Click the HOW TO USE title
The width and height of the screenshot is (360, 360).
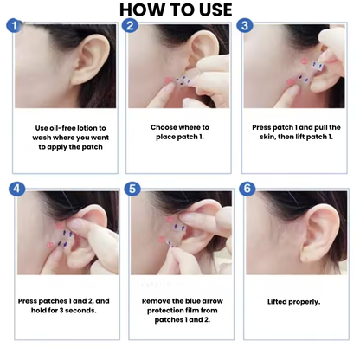coord(180,10)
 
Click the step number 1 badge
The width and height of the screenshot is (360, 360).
coord(14,26)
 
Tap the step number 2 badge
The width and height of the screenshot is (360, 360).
coord(130,26)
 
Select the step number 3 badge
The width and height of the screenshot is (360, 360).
coord(245,26)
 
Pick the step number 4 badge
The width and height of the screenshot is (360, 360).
coord(14,188)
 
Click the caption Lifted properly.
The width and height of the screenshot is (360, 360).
coord(293,301)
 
